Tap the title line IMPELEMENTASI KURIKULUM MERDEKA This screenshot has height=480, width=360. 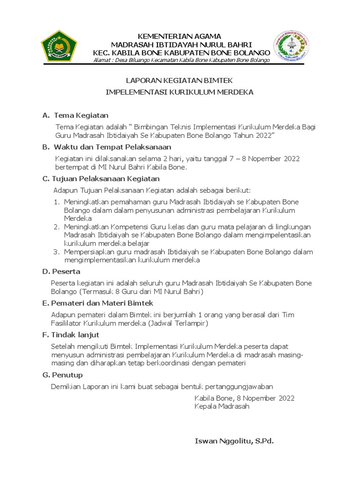[180, 92]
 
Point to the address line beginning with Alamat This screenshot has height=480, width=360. [181, 60]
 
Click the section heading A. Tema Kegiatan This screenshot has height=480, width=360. [75, 115]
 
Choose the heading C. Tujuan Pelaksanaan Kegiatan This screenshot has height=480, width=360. [101, 179]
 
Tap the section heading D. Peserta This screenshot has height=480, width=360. [61, 271]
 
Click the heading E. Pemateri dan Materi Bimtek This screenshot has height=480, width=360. [94, 303]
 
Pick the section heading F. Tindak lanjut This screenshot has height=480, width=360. [71, 335]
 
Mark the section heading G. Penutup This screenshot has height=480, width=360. [63, 375]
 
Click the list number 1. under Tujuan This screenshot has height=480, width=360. [56, 202]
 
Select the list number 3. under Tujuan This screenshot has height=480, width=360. [56, 252]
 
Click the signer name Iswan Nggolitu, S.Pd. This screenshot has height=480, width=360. [233, 441]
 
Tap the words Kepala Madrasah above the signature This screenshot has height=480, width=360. [222, 406]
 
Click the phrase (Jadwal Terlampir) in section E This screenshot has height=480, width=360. [179, 323]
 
